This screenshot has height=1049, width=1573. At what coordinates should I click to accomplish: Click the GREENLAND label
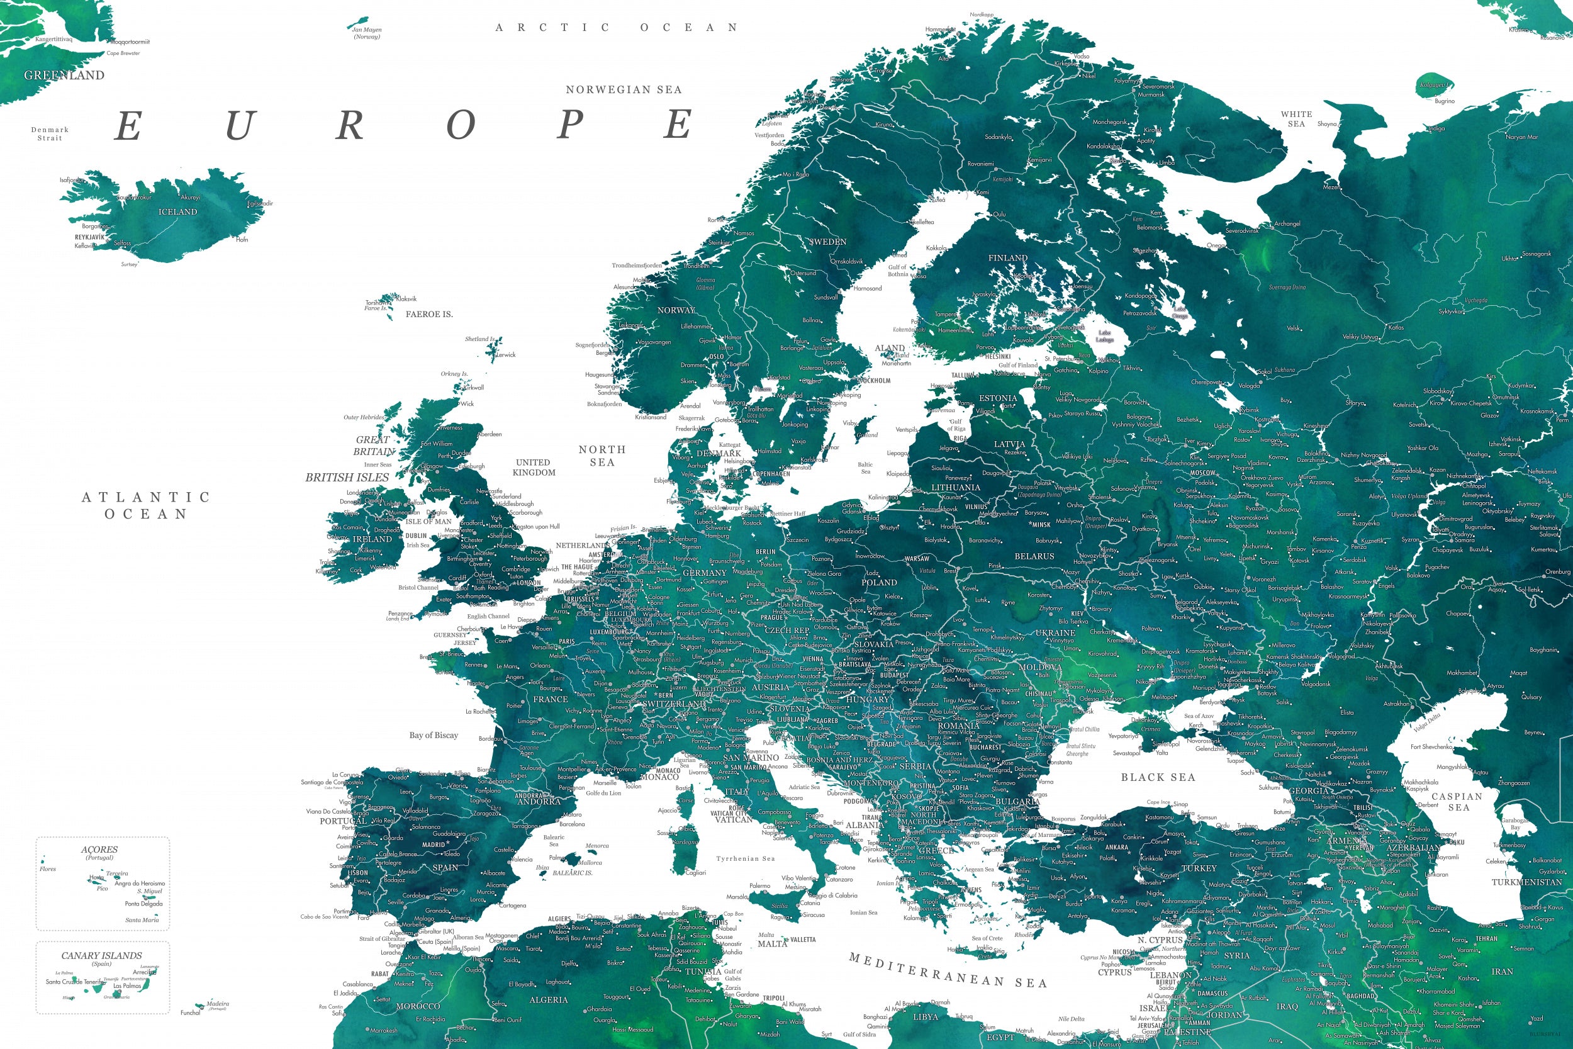click(64, 76)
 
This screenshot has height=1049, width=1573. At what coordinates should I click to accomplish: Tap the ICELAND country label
click(178, 212)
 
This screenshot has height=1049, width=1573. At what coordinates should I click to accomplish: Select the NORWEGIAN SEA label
click(624, 89)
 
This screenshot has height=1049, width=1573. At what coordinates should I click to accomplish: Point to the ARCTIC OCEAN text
click(616, 28)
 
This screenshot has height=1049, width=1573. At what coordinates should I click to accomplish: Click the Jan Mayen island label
click(366, 33)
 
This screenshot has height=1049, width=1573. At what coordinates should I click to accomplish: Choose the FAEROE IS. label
click(428, 315)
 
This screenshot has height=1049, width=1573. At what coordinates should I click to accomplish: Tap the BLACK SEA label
click(1158, 777)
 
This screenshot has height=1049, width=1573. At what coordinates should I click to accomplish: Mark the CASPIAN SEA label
click(1457, 802)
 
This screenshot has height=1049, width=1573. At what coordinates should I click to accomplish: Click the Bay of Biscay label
click(434, 735)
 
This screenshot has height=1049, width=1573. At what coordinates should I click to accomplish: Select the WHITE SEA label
click(1296, 119)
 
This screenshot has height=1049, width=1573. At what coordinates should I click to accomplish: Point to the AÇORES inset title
click(99, 850)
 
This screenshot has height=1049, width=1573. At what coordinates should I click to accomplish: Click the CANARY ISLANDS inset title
click(102, 956)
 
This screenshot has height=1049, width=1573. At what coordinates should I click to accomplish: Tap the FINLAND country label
click(1008, 258)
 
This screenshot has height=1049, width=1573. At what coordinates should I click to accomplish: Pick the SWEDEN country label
click(828, 242)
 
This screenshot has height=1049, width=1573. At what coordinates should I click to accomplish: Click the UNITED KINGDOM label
click(533, 468)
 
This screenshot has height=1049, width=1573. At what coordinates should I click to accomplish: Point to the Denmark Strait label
click(50, 134)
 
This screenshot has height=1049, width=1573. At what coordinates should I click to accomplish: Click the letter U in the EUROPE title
click(240, 126)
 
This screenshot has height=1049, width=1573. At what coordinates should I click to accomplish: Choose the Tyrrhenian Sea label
click(745, 859)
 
